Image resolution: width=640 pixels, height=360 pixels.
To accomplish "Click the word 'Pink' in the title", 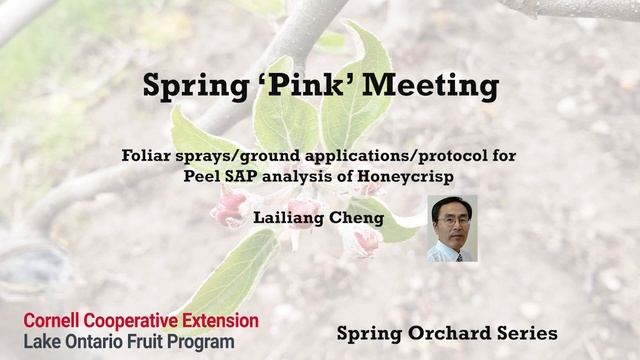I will coord(311,86).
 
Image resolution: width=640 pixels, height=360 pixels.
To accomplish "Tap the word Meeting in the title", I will coord(436,88).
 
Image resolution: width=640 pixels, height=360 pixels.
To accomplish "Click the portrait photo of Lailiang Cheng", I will coord(452,229).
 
